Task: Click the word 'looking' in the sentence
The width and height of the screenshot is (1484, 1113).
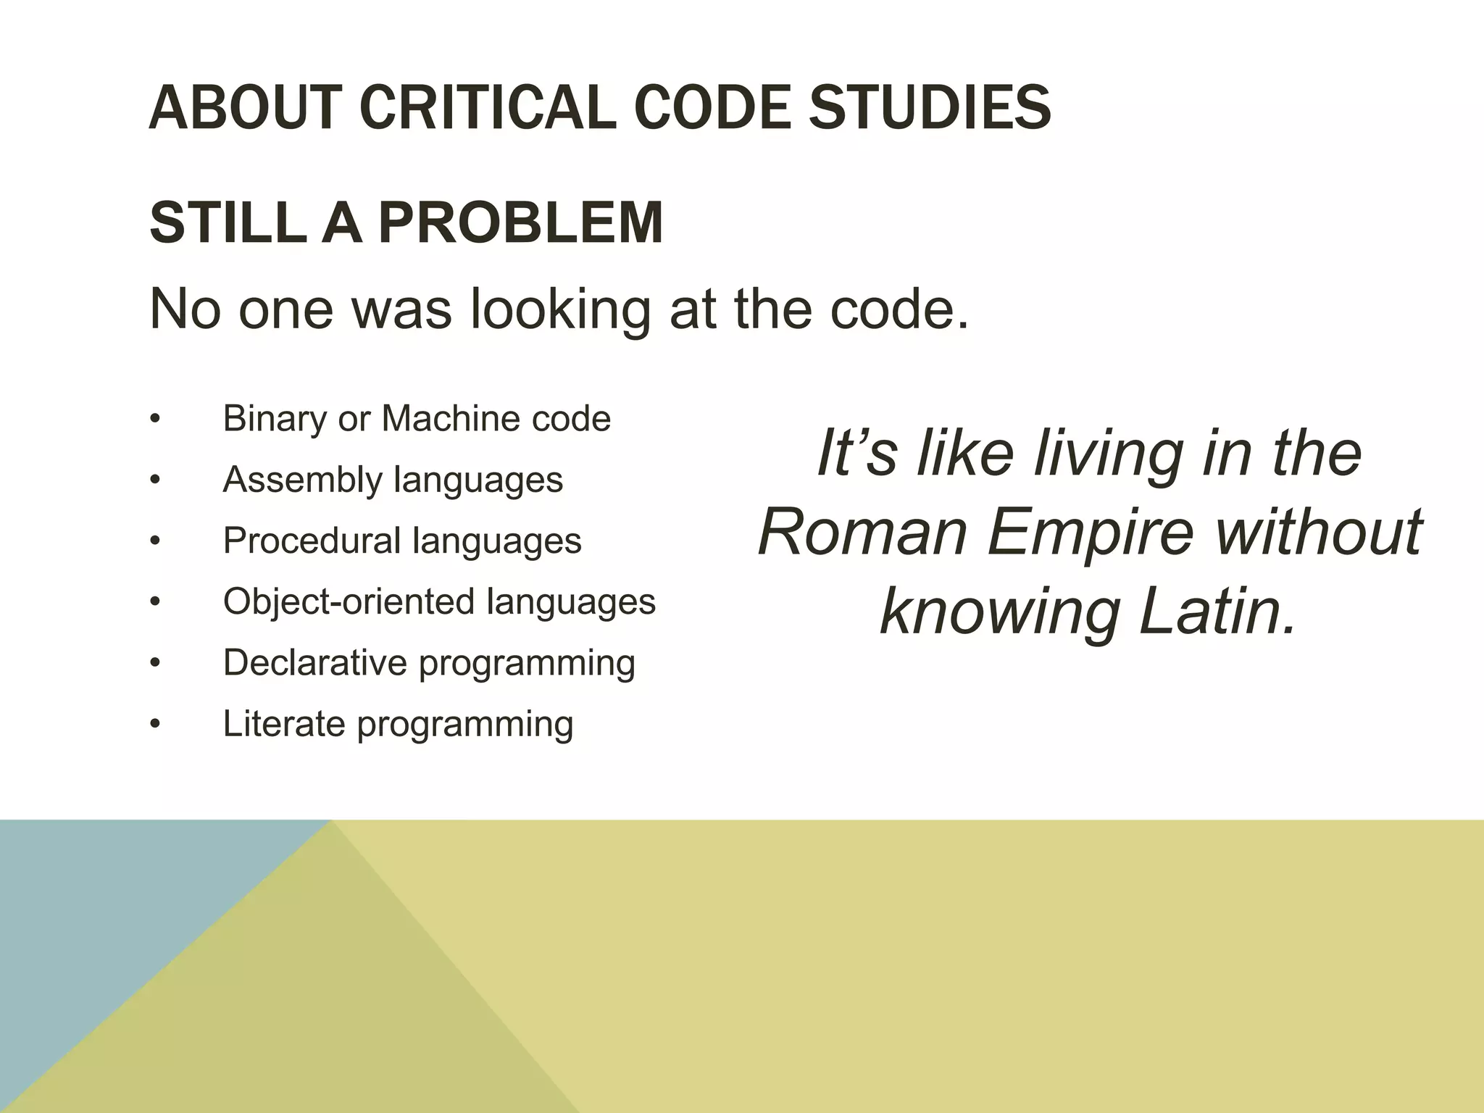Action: (x=560, y=310)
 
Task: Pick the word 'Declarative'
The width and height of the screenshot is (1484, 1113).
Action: (x=314, y=662)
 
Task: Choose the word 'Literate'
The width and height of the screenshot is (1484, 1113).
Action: (x=283, y=723)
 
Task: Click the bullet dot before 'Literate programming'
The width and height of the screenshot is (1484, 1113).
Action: (x=154, y=725)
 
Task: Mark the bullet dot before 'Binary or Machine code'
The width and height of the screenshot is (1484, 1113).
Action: (x=154, y=420)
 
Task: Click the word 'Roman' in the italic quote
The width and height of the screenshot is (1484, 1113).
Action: (x=862, y=533)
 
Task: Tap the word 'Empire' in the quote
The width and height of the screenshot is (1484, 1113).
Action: (x=1090, y=533)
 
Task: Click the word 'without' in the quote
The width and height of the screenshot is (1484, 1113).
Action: (x=1319, y=533)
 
